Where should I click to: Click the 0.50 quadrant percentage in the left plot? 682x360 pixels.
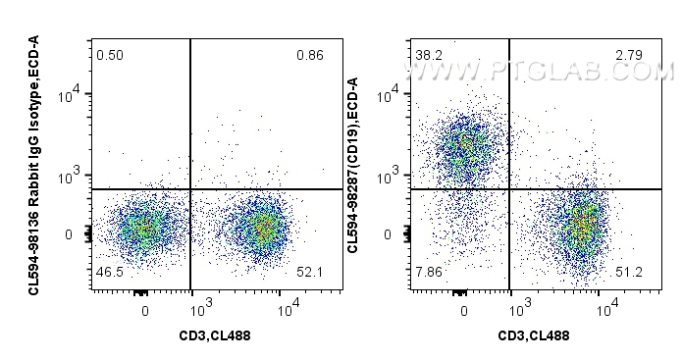(109, 54)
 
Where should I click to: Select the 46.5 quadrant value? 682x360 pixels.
(110, 271)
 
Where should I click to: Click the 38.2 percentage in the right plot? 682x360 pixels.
(428, 54)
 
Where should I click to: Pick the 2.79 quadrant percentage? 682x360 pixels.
(628, 54)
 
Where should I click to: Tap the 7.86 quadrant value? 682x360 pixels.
(429, 271)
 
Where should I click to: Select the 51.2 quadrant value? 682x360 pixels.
(628, 271)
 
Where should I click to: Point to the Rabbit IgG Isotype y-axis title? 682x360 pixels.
(34, 162)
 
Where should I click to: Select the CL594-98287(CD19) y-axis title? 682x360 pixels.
(353, 147)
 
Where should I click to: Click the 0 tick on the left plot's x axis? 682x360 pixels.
(145, 311)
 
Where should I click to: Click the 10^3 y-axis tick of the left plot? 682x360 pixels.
(73, 177)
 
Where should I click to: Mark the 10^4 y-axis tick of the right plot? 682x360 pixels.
(392, 95)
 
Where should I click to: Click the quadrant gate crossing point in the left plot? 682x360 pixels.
(190, 189)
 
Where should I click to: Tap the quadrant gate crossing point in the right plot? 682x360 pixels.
(510, 189)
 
